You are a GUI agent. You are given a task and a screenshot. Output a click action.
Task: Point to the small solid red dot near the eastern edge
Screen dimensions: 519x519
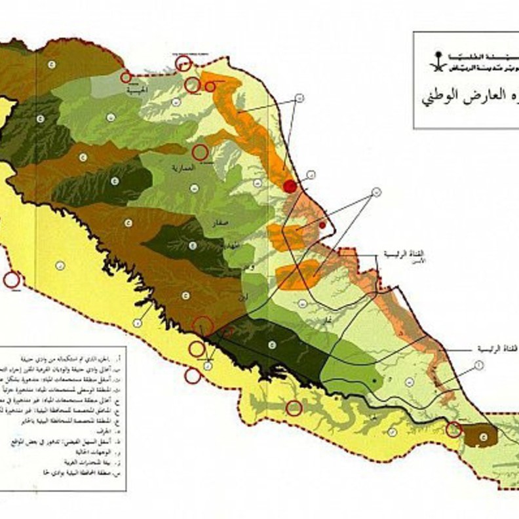click(x=322, y=225)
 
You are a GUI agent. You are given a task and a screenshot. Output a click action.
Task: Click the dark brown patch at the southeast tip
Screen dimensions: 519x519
click(x=484, y=434)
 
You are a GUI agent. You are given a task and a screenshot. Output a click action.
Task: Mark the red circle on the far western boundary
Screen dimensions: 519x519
click(x=11, y=280)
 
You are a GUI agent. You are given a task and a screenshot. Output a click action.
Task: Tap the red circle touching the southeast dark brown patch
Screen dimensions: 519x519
click(x=453, y=430)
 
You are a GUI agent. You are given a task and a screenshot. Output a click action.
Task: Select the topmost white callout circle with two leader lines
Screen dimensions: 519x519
click(x=299, y=98)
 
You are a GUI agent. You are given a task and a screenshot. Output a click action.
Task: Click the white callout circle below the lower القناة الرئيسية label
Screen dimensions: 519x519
click(x=478, y=364)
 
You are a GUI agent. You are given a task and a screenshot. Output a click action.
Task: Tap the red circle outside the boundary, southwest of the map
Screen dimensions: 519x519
click(x=192, y=375)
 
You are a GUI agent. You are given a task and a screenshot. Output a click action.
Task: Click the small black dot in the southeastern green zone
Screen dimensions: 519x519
click(x=374, y=379)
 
